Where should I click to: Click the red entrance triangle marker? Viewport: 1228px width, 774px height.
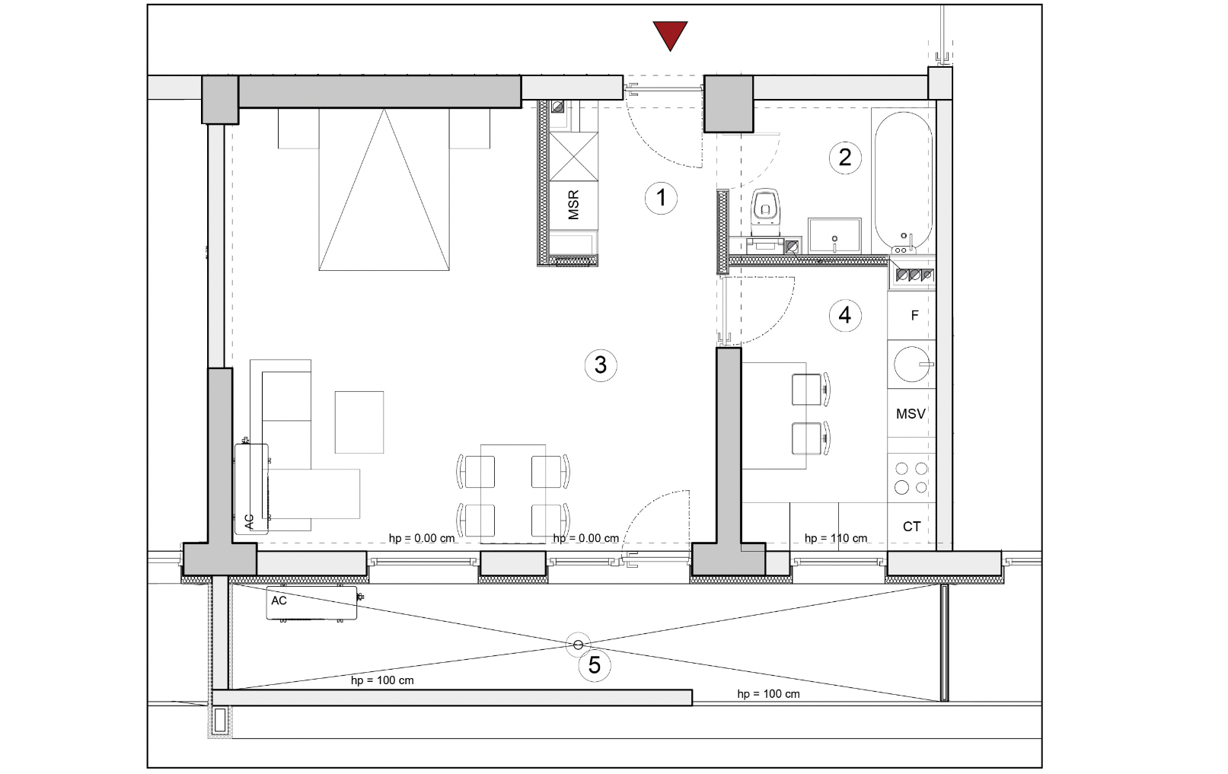[670, 34]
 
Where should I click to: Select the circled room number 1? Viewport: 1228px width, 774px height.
[661, 198]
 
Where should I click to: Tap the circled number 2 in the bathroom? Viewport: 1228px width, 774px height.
[845, 158]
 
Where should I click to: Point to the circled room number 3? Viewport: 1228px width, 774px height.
[600, 365]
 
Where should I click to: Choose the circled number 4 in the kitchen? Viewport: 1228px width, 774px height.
[845, 316]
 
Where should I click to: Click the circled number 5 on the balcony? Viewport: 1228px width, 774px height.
[595, 665]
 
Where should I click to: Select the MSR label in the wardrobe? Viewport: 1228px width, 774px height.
[573, 205]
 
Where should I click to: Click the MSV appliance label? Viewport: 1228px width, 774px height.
[911, 414]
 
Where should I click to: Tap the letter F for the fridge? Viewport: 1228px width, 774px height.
[914, 315]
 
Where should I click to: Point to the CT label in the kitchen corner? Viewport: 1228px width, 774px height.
[911, 527]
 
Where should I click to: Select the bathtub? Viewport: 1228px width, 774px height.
[903, 181]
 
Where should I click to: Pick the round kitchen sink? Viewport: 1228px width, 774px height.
[911, 364]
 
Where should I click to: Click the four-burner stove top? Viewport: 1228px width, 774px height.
[911, 478]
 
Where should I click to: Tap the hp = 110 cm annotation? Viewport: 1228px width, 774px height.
[835, 538]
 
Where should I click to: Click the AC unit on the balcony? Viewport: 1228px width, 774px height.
[311, 603]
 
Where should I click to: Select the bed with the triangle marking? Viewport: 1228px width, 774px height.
[384, 189]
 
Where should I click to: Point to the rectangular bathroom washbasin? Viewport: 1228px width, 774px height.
[834, 235]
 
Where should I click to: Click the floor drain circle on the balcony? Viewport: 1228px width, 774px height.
[578, 645]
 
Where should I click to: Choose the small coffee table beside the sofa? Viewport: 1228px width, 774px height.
[359, 422]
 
